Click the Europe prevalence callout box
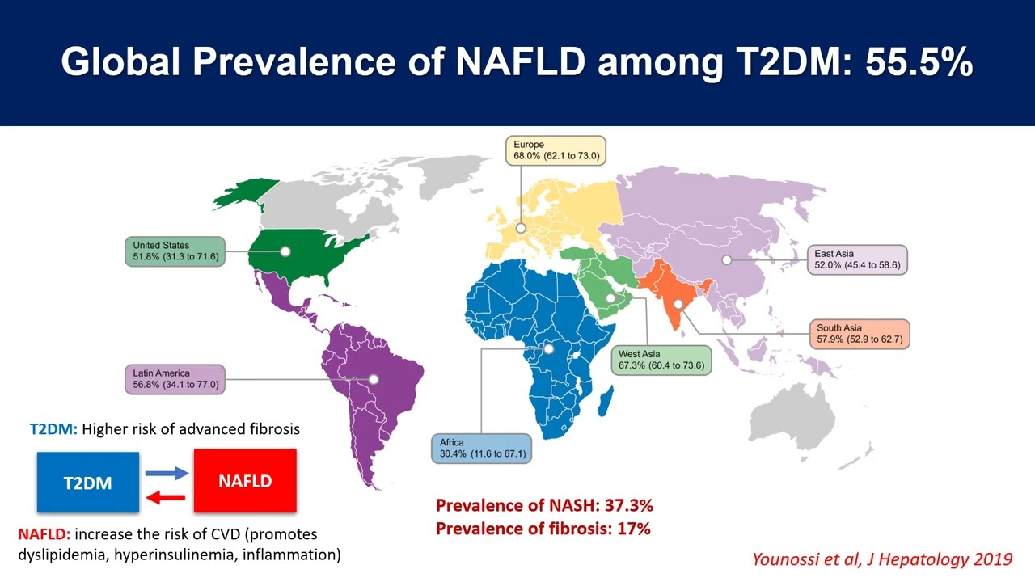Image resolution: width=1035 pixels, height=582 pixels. tap(556, 150)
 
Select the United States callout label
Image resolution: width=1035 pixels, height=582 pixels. tap(175, 251)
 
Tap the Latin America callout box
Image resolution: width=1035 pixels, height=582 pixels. tap(175, 379)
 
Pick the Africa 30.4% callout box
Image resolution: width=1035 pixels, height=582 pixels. tap(481, 448)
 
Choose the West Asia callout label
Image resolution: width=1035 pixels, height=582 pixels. tap(661, 361)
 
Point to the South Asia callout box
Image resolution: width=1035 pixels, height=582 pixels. tap(860, 334)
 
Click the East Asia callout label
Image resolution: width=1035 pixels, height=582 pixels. tap(857, 259)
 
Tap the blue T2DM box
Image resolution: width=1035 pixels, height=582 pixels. tap(88, 483)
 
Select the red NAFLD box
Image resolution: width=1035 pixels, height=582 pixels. tap(245, 481)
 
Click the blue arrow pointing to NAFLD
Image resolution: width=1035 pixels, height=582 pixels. tap(167, 473)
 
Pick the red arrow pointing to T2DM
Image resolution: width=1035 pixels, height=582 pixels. tap(166, 497)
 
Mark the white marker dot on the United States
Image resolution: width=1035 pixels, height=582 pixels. tap(285, 251)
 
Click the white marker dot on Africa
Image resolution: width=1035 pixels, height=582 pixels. tap(549, 349)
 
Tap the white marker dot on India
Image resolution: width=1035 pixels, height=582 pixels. tap(678, 305)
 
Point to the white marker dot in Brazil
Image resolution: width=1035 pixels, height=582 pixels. tap(374, 379)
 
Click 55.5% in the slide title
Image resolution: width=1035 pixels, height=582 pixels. tap(919, 62)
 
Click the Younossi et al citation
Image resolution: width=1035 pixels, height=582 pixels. tap(882, 559)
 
